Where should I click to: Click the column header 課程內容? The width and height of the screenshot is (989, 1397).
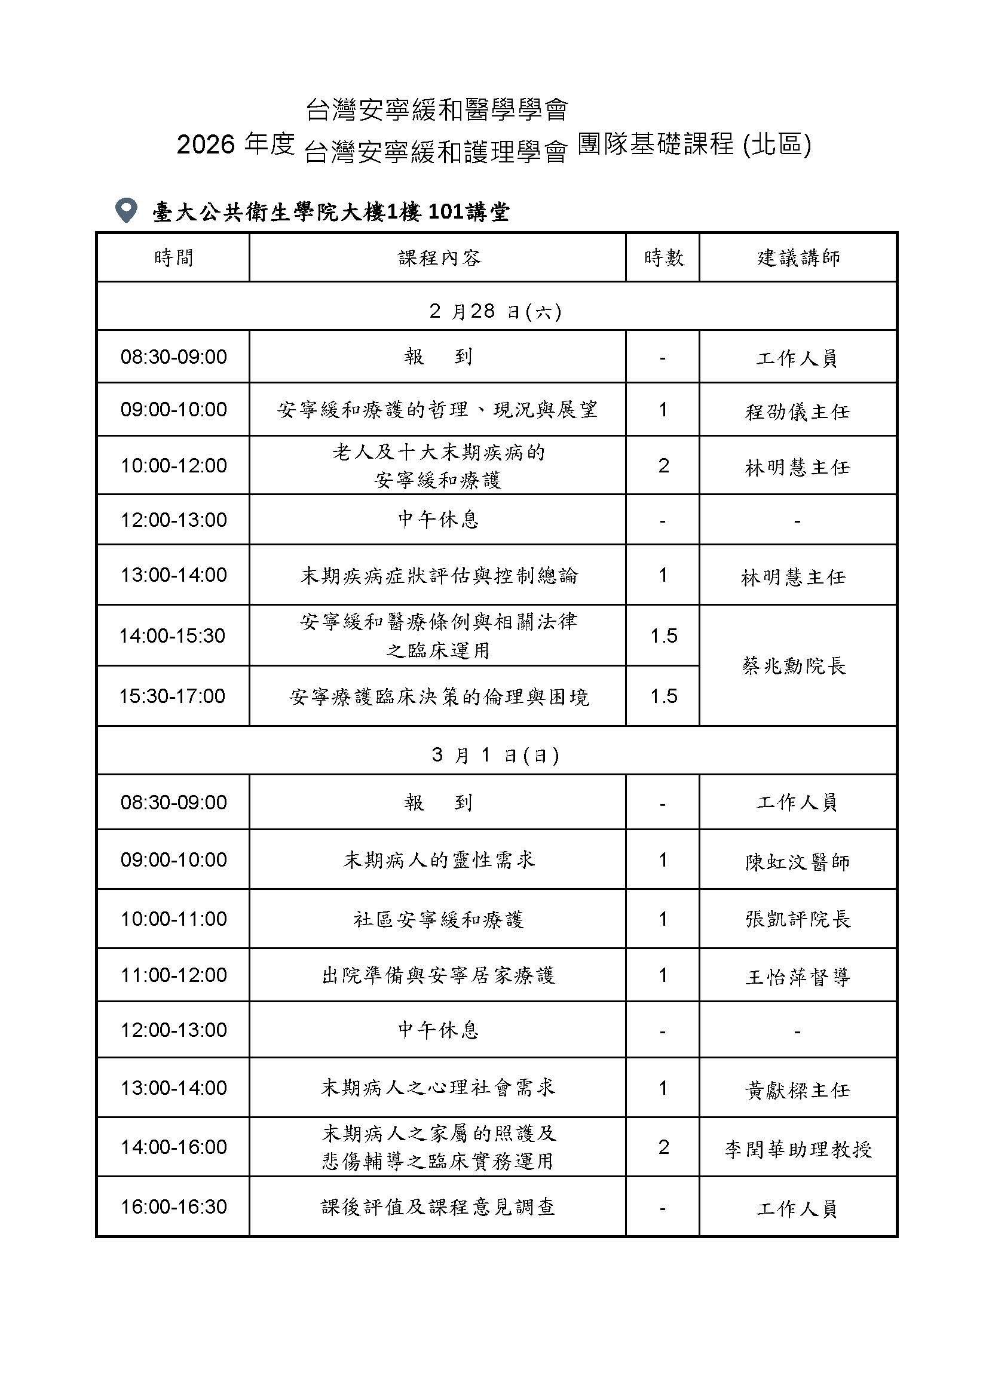click(x=439, y=258)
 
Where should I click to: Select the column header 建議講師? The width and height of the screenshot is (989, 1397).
click(x=798, y=258)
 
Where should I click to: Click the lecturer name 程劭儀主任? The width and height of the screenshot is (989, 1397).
click(x=797, y=412)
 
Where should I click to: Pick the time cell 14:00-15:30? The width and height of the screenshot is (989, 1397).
click(x=172, y=636)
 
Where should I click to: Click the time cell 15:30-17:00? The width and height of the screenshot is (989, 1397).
click(x=172, y=696)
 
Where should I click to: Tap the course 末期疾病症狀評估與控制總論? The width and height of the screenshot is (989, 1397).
click(x=439, y=576)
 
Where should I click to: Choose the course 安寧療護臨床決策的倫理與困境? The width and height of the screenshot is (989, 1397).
click(x=439, y=697)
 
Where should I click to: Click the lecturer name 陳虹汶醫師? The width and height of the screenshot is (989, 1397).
click(x=797, y=862)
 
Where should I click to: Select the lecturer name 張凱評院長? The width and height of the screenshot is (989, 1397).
click(x=797, y=919)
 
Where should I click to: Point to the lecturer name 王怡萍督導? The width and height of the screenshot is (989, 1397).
click(x=797, y=977)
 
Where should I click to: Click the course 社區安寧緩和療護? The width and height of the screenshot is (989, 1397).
click(x=439, y=919)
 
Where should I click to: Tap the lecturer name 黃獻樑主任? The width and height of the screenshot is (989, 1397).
click(x=797, y=1090)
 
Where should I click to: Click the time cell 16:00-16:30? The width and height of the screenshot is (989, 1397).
click(x=173, y=1207)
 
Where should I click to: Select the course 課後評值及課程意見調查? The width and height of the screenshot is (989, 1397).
click(x=439, y=1207)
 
